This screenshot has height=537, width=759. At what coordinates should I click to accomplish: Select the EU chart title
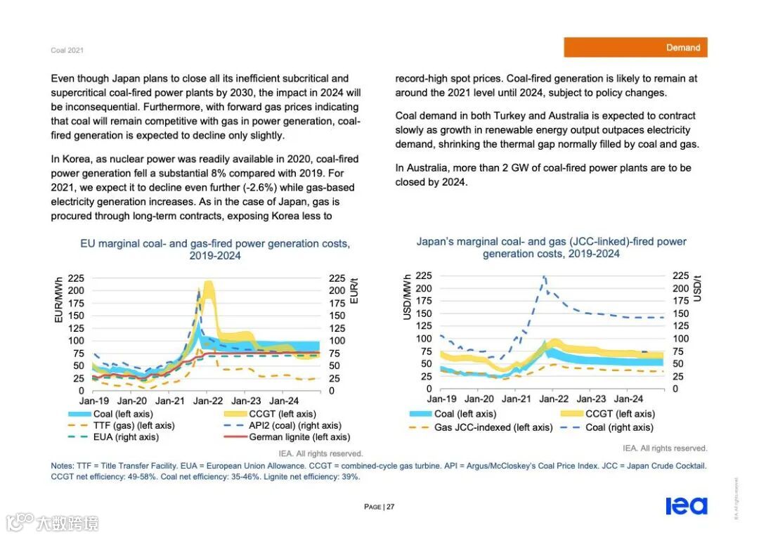click(x=214, y=250)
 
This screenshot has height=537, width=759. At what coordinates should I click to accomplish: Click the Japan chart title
click(x=551, y=247)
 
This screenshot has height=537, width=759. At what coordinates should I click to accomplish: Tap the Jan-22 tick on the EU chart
click(x=208, y=401)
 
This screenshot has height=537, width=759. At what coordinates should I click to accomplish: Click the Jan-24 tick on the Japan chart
click(x=629, y=399)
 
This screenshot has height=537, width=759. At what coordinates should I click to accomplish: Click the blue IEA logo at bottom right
click(x=686, y=506)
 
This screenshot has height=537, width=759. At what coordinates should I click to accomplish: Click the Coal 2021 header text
click(x=67, y=51)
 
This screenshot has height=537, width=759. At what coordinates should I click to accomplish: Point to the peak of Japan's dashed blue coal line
click(x=544, y=277)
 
